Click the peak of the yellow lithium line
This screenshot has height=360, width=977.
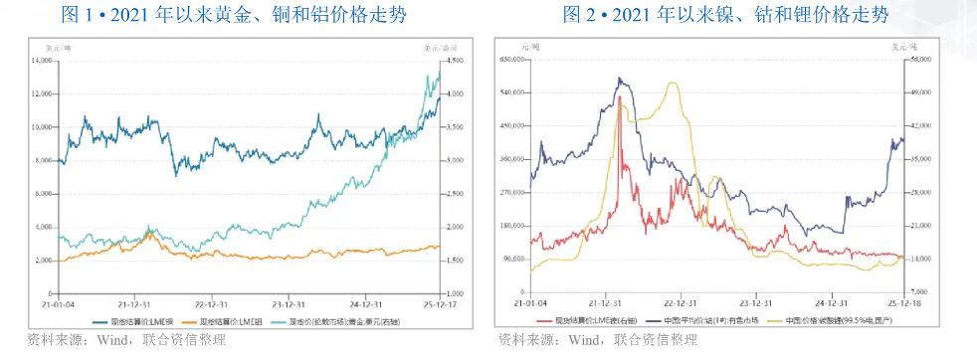[x=675, y=83]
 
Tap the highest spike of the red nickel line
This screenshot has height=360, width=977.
[x=621, y=97]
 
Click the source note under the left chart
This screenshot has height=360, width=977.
[x=128, y=341]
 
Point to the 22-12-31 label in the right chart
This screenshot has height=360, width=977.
[x=680, y=303]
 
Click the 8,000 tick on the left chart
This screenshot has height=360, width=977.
[x=44, y=160]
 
